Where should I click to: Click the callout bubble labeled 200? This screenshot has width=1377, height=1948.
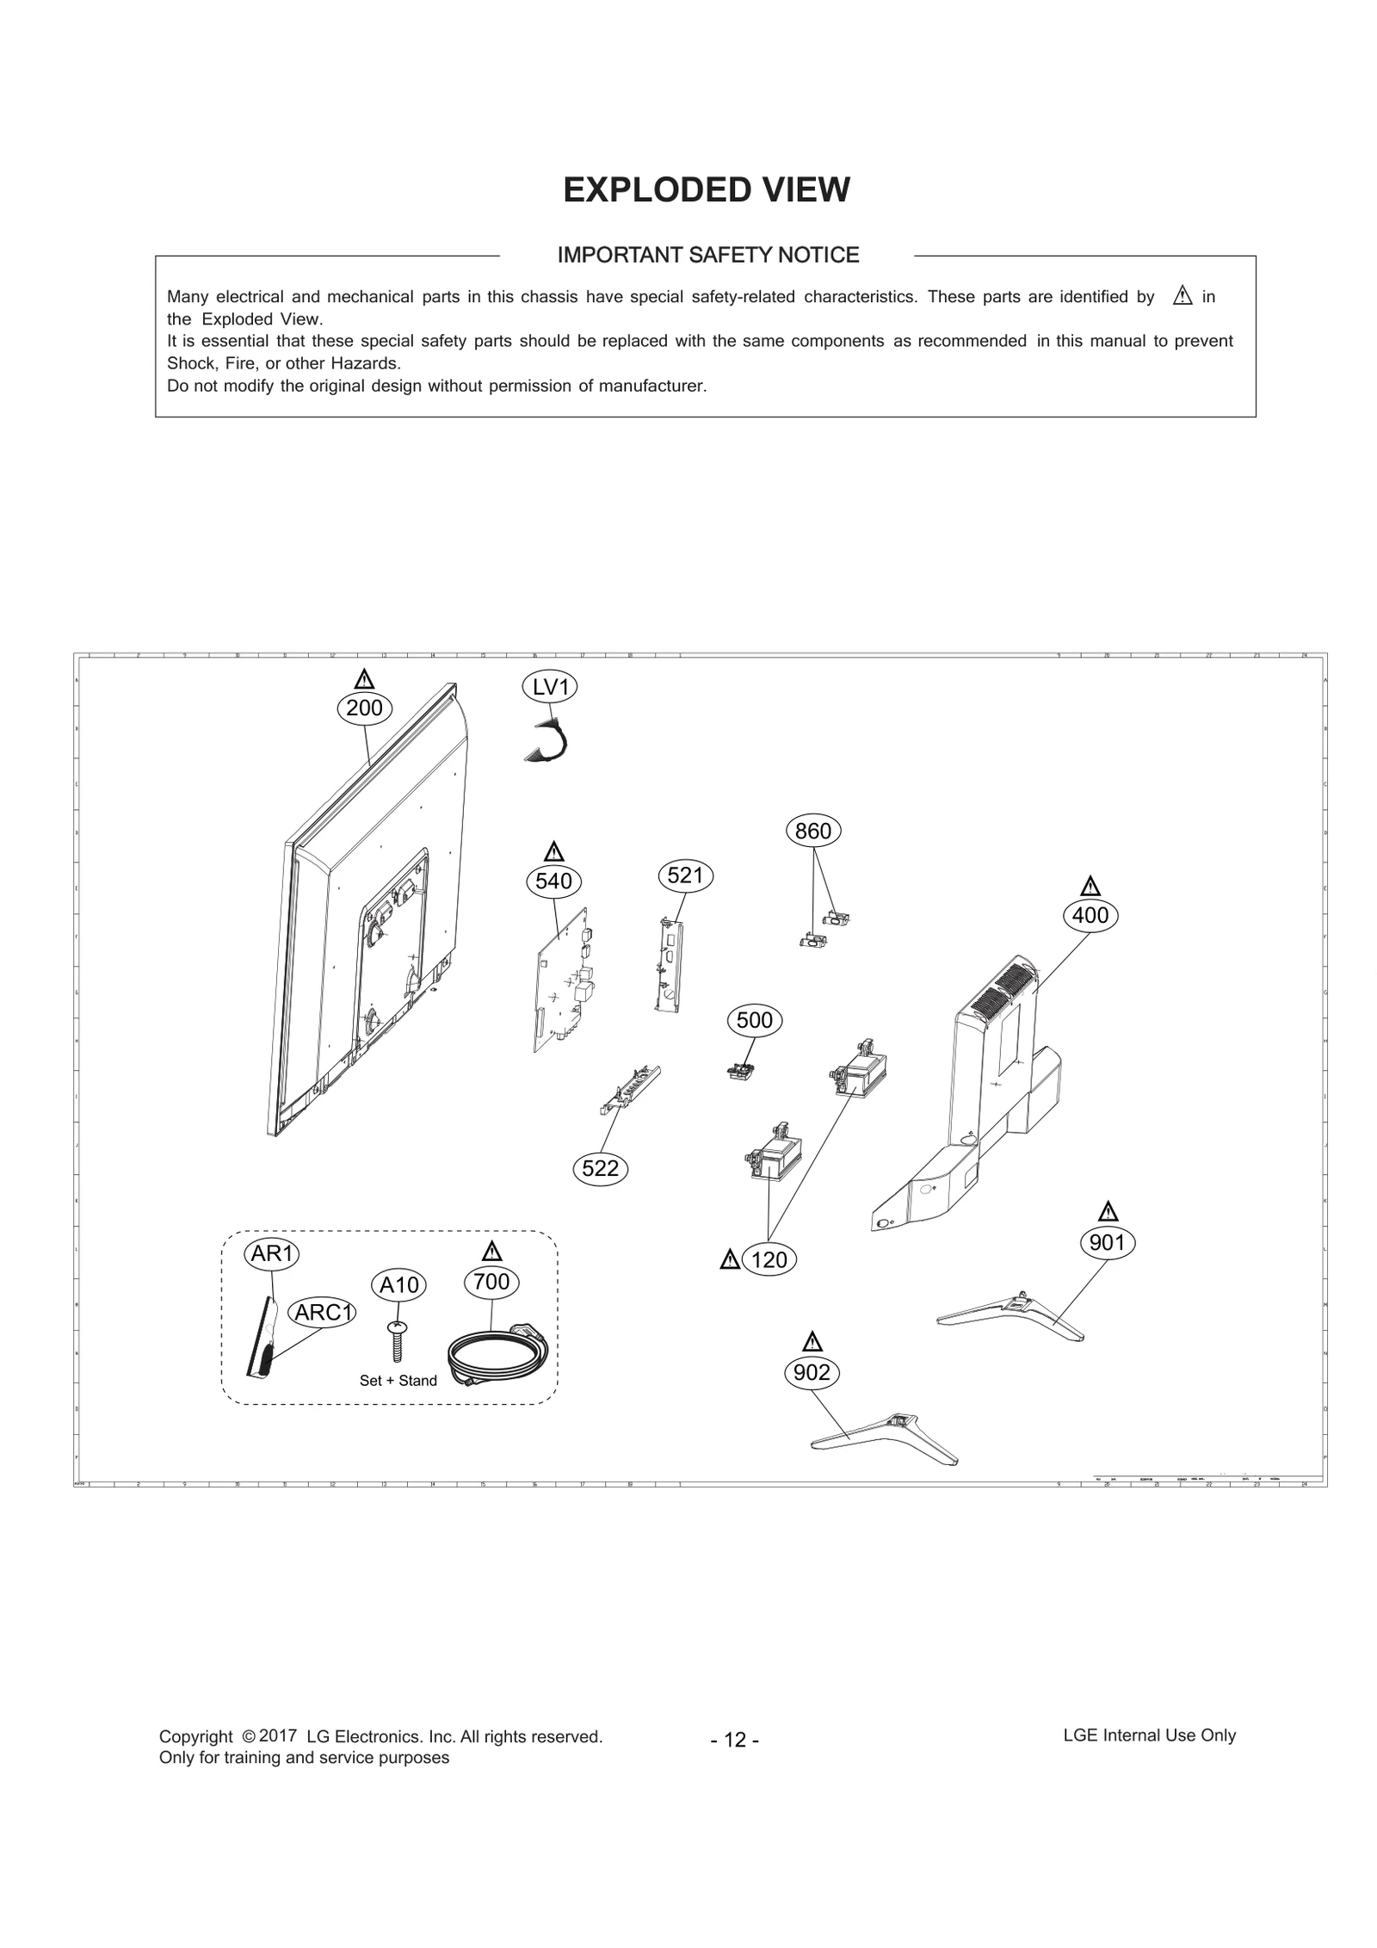tap(364, 708)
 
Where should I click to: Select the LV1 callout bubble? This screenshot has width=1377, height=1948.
tap(550, 687)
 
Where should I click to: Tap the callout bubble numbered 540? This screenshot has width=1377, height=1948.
tap(553, 881)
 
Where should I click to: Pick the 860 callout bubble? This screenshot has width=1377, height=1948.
tap(812, 831)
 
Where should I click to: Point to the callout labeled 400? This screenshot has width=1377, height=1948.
tap(1090, 915)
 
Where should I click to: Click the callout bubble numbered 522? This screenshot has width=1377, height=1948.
tap(600, 1168)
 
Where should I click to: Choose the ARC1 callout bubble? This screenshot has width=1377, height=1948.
tap(324, 1312)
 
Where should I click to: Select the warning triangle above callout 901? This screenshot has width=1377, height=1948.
tap(1108, 1212)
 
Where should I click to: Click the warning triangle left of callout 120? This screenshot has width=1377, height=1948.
tap(730, 1260)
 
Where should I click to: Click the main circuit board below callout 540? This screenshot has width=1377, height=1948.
tap(564, 981)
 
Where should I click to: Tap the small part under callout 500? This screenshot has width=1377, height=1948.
tap(739, 1072)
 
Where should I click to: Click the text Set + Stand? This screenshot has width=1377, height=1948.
tap(398, 1381)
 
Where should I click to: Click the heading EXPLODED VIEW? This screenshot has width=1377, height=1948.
tap(706, 190)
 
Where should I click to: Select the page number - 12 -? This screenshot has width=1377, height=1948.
tap(734, 1740)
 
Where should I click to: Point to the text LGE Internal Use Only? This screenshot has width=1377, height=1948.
tap(1148, 1735)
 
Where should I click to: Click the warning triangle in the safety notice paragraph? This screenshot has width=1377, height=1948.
tap(1182, 297)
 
